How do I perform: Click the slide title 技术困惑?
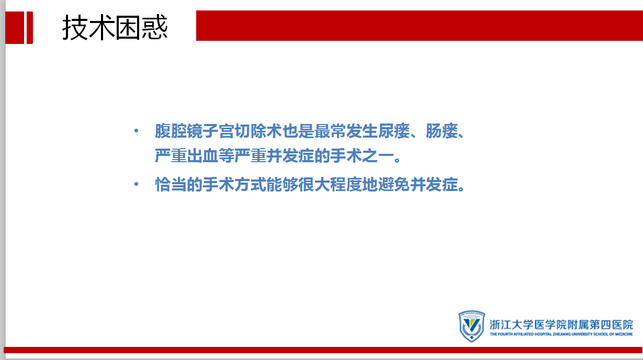115,27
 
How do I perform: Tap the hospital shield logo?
471,326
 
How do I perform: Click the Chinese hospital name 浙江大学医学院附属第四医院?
561,325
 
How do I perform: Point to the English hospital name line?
561,334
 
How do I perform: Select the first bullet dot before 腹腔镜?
137,131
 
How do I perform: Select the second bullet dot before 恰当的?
137,184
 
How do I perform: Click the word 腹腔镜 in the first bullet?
178,131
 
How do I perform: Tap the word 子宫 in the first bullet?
219,131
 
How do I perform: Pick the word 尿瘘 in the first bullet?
394,131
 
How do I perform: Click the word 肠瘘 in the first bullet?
442,131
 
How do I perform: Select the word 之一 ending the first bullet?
378,155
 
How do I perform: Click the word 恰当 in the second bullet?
171,184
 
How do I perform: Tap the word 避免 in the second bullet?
394,184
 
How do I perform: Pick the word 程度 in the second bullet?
346,184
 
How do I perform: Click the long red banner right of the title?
420,26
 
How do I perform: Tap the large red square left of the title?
14,28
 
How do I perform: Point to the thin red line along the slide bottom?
323,350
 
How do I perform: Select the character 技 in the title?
75,28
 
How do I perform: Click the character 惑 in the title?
155,27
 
